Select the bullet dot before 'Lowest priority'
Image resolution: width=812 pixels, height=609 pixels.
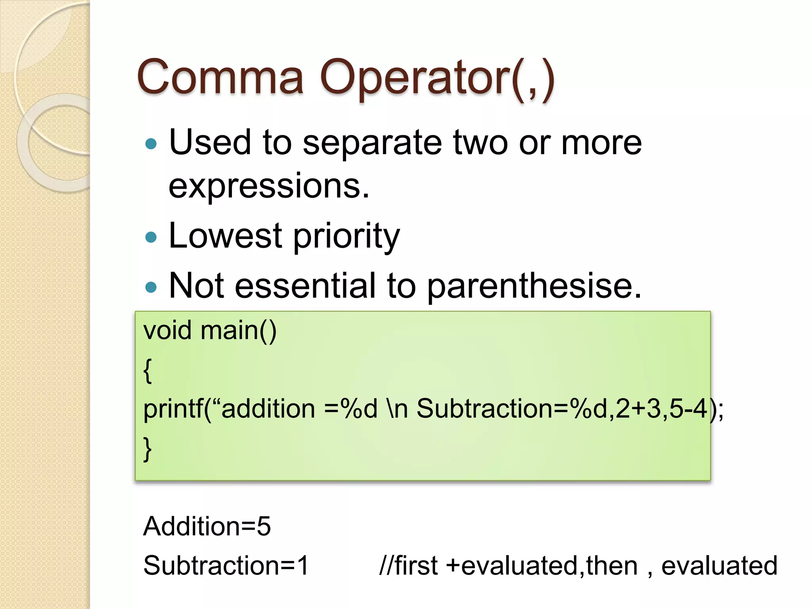(151, 237)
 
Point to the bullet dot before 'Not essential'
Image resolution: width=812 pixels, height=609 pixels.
(151, 287)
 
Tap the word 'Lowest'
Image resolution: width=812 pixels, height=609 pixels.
(225, 236)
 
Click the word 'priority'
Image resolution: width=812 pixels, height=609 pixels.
(346, 237)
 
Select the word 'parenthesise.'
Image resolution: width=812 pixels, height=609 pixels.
(534, 286)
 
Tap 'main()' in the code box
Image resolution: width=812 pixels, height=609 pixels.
(238, 331)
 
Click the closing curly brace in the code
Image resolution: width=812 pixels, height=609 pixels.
(147, 449)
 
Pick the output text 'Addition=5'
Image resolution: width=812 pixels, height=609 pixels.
(207, 527)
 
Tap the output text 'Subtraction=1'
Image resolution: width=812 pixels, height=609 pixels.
(226, 565)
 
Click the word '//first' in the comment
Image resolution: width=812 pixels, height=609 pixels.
(408, 565)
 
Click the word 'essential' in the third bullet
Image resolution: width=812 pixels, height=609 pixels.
(304, 286)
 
